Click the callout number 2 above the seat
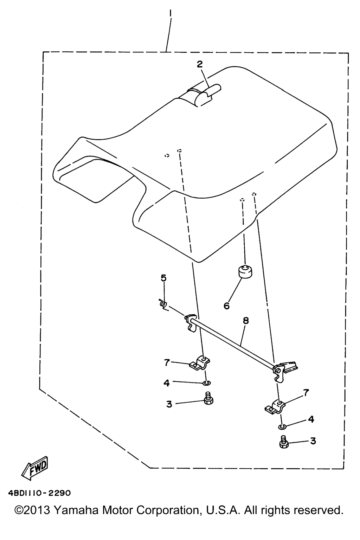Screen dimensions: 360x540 [x=200, y=64]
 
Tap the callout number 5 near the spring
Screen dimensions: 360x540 [x=163, y=278]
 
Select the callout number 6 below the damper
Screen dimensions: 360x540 [x=227, y=306]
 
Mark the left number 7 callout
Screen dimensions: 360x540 [x=167, y=362]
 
